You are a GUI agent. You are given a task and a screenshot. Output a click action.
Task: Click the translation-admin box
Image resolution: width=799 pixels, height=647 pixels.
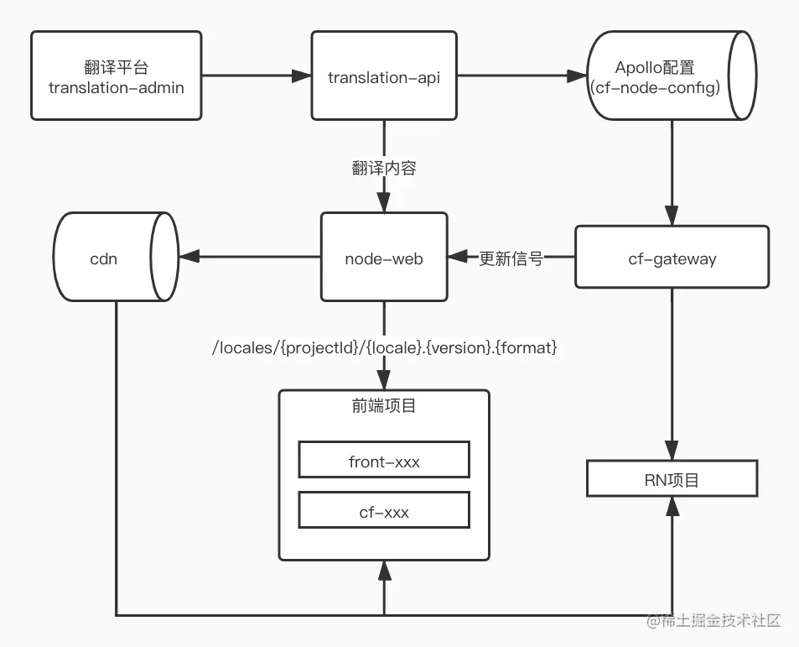point(117,76)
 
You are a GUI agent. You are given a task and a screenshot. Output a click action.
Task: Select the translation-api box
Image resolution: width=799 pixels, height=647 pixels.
point(384,76)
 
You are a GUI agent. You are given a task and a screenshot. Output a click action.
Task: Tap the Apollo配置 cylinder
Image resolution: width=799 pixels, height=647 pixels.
point(672,76)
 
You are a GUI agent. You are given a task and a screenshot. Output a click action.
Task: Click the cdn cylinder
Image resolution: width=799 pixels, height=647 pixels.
point(117,257)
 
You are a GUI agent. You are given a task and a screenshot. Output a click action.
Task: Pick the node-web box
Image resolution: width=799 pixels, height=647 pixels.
point(384,257)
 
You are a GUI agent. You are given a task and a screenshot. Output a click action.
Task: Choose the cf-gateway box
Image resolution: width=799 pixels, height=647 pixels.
point(672,257)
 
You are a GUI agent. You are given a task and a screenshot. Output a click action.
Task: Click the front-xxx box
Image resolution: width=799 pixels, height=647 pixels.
point(384,459)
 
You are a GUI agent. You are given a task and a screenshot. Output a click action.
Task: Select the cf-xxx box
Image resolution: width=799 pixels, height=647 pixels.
point(384,510)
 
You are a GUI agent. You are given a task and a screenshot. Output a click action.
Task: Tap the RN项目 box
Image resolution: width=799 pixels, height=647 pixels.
point(672,478)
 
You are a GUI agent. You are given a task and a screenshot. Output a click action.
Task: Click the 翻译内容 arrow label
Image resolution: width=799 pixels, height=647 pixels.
point(384,168)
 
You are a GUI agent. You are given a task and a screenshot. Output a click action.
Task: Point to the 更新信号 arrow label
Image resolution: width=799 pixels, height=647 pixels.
point(511,258)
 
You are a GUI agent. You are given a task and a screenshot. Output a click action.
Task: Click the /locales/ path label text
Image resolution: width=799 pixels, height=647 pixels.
point(384,347)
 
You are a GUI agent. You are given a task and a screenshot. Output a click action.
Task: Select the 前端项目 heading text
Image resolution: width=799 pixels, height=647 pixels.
point(384,406)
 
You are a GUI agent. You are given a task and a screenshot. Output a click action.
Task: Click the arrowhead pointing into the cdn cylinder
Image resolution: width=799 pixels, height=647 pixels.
point(189,257)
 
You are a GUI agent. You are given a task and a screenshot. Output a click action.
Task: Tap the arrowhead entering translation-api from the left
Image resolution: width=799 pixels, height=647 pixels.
point(302,76)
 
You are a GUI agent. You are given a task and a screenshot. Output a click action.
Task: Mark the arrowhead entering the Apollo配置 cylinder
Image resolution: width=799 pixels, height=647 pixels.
point(578,76)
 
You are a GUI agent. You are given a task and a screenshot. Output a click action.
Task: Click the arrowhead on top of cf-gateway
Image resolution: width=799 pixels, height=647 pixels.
point(672,216)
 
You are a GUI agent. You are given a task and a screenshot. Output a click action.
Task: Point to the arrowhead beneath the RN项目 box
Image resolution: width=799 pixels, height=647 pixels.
point(672,506)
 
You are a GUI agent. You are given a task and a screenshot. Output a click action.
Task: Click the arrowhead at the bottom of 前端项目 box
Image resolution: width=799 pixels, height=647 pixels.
point(385,571)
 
